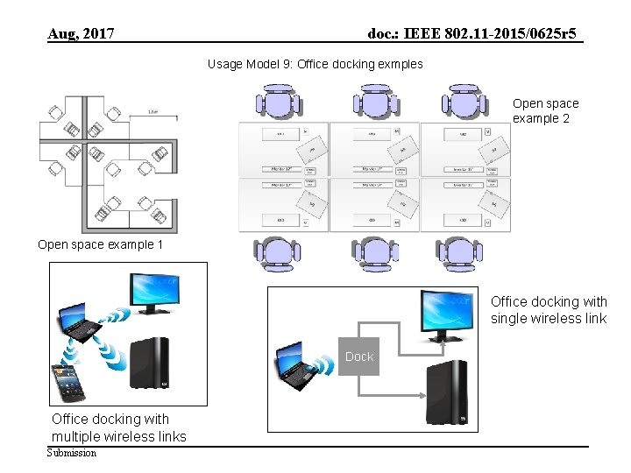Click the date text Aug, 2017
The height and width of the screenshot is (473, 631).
click(x=81, y=34)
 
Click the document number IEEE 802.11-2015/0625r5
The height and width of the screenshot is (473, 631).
click(x=472, y=34)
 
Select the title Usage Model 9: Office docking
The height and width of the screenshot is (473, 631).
click(x=315, y=64)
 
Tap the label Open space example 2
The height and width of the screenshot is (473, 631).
click(x=545, y=110)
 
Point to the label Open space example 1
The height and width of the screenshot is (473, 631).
click(x=100, y=244)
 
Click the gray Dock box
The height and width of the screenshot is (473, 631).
click(x=358, y=356)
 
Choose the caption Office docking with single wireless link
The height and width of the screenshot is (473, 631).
click(x=548, y=310)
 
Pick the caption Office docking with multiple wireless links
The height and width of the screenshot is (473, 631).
click(x=118, y=427)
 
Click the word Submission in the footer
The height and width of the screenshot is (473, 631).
click(x=72, y=453)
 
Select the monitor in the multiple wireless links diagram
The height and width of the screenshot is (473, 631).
click(x=156, y=293)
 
